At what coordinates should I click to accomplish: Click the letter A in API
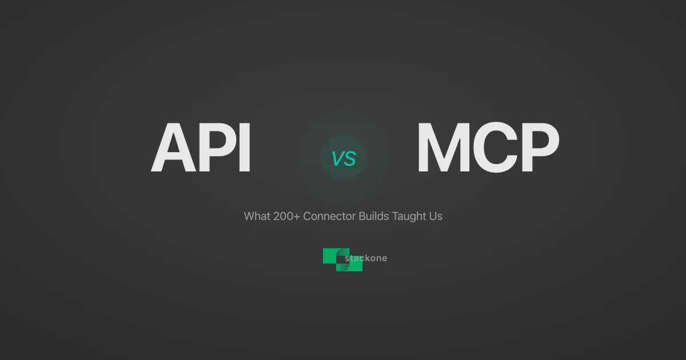coord(174,149)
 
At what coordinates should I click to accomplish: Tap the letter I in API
coord(245,149)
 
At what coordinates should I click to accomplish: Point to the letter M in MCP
coord(443,149)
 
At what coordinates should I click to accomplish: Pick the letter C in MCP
coord(495,149)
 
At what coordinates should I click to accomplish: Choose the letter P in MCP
coord(537,149)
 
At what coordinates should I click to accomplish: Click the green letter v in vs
coord(337,159)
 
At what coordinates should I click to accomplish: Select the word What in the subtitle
coord(256,217)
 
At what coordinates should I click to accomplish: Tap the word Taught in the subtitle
coord(408,217)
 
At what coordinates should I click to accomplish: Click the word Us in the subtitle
coord(436,217)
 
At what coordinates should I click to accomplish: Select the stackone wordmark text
coord(366,258)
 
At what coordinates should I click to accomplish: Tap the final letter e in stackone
coord(384,258)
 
